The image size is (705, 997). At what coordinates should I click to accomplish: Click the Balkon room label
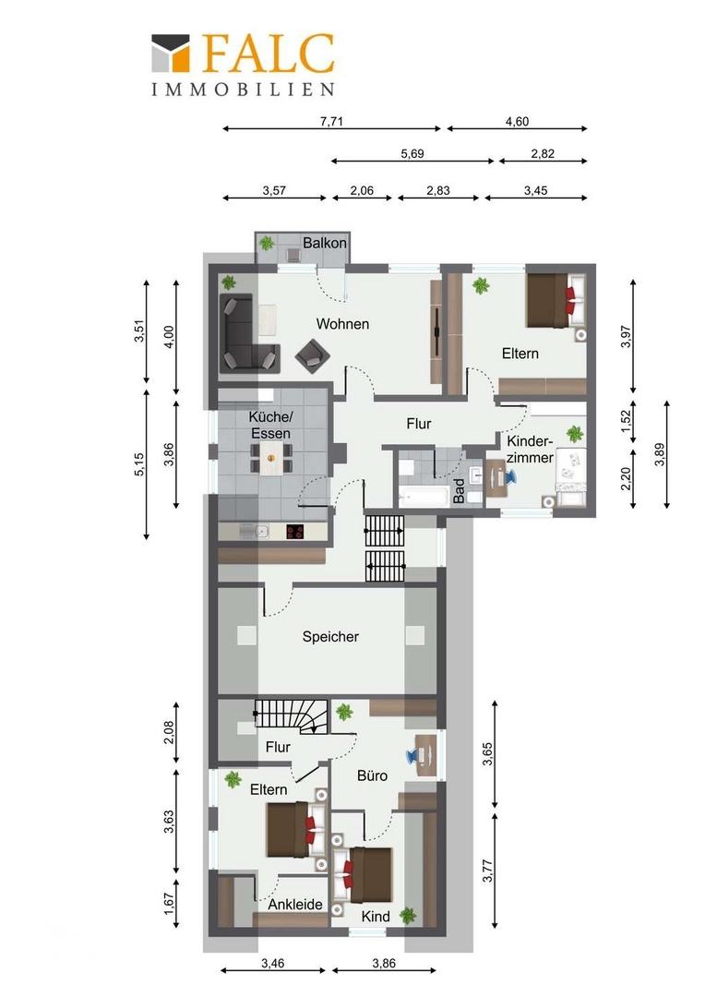click(x=324, y=243)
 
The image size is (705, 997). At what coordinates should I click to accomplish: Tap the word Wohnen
click(x=342, y=324)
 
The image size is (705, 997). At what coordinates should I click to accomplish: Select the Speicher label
click(x=330, y=636)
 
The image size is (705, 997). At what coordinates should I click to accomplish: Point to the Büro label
click(x=372, y=775)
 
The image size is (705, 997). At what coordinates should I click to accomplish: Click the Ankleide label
click(x=295, y=904)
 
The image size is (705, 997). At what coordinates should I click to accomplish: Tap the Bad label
click(x=459, y=491)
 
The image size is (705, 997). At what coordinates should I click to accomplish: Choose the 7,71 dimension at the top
click(x=332, y=121)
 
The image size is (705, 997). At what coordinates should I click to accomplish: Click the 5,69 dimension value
click(x=412, y=153)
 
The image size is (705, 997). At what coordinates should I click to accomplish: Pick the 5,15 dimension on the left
click(x=140, y=463)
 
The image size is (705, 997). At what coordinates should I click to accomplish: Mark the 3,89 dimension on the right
click(x=661, y=454)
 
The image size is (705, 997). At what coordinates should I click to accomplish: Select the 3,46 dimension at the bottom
click(x=273, y=963)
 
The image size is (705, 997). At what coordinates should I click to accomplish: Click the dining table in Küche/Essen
click(x=271, y=458)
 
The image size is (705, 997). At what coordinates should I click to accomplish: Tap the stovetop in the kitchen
click(x=295, y=532)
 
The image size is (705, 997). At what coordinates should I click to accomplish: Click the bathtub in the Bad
click(x=423, y=496)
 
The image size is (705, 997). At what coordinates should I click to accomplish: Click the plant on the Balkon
click(x=267, y=243)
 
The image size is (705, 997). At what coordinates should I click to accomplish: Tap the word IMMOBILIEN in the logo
click(x=243, y=90)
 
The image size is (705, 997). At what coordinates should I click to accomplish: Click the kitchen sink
click(x=255, y=532)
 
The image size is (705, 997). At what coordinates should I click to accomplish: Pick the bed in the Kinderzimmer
click(x=569, y=477)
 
